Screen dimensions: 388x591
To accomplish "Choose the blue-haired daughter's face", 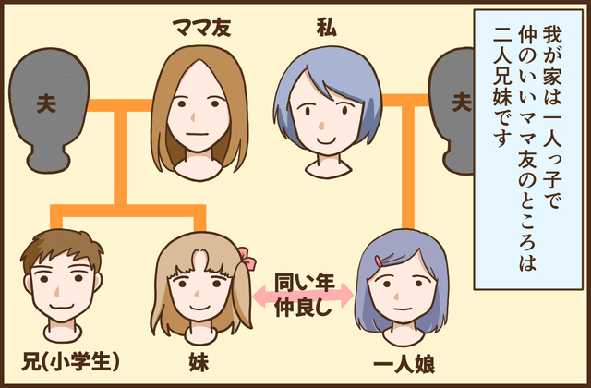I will (399, 291).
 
